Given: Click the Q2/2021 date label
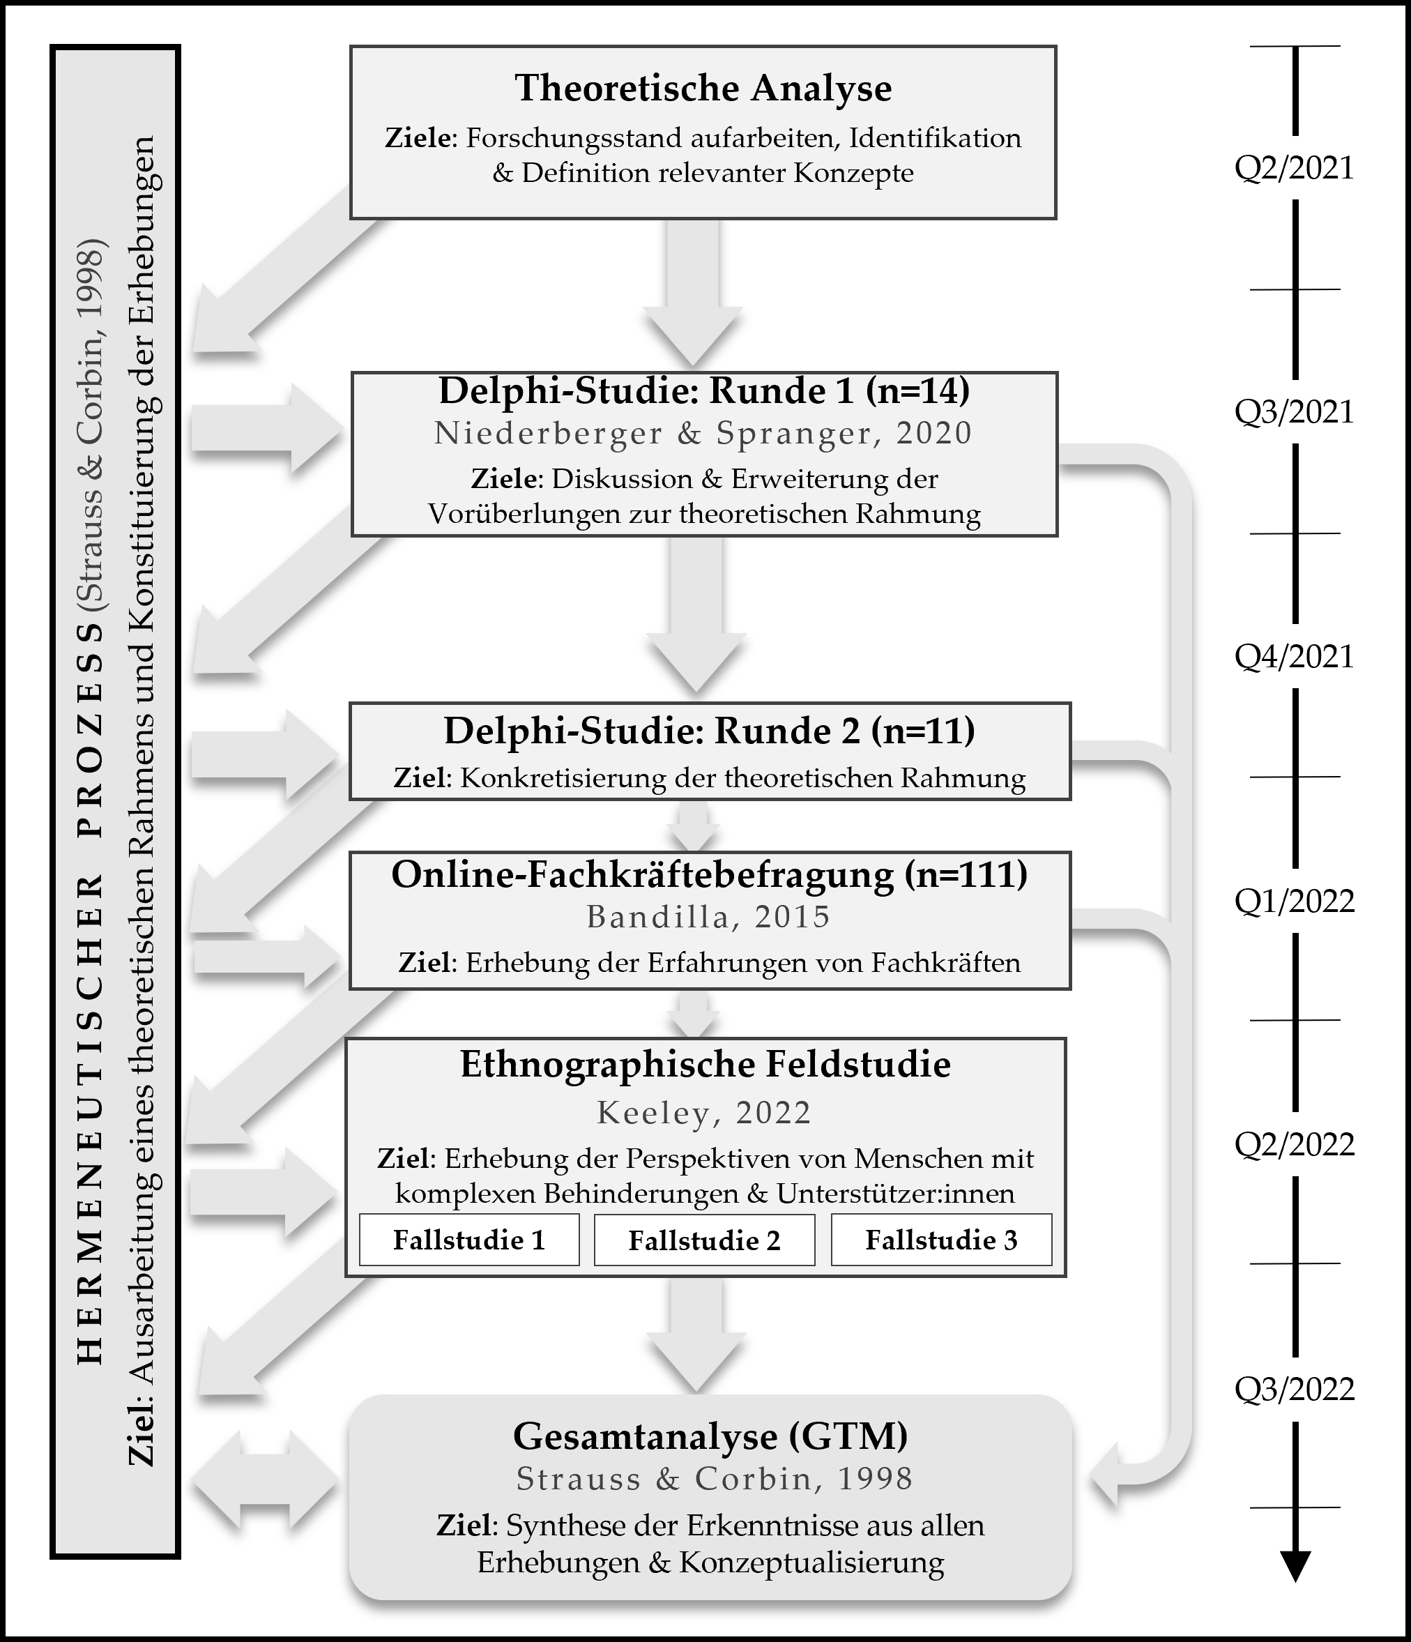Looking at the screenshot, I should [1295, 167].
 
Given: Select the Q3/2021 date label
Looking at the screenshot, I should [1295, 411].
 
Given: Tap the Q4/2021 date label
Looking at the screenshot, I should [1295, 655].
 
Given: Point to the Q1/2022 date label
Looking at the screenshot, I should [1295, 900].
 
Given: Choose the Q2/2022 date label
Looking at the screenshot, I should [1295, 1143].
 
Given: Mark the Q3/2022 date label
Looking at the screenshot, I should [1295, 1388].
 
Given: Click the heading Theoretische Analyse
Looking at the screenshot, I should [703, 88].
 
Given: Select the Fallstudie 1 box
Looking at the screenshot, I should [469, 1240].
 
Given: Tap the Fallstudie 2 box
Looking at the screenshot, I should [704, 1240].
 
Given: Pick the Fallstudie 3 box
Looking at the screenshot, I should [941, 1240].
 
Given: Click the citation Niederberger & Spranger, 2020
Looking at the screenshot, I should [703, 433].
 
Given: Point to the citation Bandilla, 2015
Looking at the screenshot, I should [708, 916].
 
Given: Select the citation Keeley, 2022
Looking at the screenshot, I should [704, 1113].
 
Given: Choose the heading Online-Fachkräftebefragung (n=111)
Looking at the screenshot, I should [709, 874].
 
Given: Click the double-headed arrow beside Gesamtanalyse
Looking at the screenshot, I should [266, 1478].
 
